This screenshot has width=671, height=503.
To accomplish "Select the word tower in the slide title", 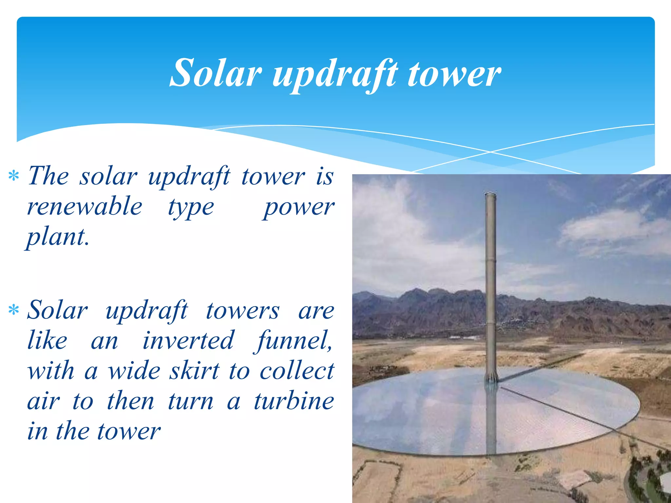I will (454, 75).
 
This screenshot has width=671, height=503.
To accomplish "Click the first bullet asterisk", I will (14, 176).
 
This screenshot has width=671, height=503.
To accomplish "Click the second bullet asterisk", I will (14, 310).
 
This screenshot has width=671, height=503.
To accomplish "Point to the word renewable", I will (85, 207).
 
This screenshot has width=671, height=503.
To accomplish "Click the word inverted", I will (188, 341).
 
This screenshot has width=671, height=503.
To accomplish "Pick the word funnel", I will (294, 341).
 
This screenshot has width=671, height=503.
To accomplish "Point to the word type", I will (191, 208).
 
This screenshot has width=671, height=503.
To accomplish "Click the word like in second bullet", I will (47, 341).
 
